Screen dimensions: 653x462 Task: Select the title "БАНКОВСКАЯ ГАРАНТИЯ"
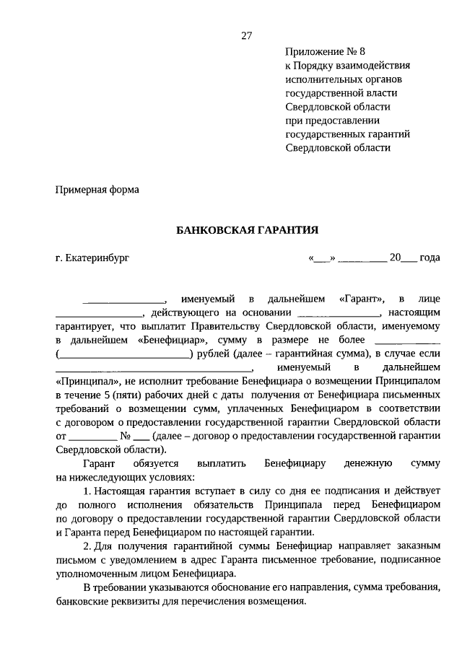(x=248, y=229)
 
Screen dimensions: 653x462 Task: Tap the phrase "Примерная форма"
(x=97, y=190)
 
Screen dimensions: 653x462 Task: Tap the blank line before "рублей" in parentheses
(x=123, y=354)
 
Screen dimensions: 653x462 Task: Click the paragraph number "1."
(x=87, y=491)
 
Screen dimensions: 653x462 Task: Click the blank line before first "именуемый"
(x=123, y=298)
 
